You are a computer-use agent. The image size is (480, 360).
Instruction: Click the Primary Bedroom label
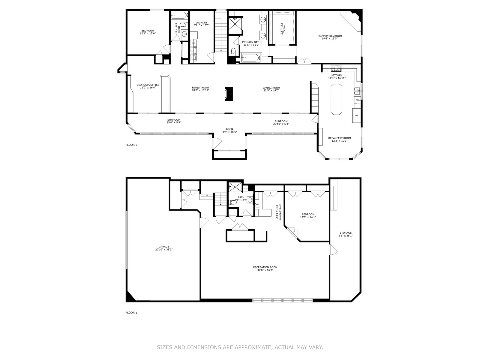(x=329, y=36)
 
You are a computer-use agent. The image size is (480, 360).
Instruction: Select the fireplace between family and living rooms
(x=229, y=94)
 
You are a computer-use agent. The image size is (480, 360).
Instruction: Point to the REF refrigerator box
(x=356, y=115)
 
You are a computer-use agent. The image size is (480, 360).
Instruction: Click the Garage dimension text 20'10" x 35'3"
(x=164, y=249)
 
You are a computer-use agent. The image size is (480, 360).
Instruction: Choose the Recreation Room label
(x=265, y=267)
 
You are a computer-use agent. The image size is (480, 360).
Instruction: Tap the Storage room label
(x=346, y=233)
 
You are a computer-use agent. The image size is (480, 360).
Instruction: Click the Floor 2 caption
(x=131, y=145)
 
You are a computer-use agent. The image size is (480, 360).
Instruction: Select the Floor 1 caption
(x=131, y=313)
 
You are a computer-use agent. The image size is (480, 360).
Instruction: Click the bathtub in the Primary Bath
(x=251, y=58)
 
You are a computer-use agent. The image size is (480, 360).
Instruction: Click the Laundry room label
(x=201, y=22)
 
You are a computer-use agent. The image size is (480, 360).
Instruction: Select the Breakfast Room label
(x=339, y=138)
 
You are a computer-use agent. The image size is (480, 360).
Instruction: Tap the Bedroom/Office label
(x=148, y=85)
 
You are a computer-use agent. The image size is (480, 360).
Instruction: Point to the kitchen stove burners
(x=336, y=68)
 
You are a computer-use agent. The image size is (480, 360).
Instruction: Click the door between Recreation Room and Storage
(x=333, y=249)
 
